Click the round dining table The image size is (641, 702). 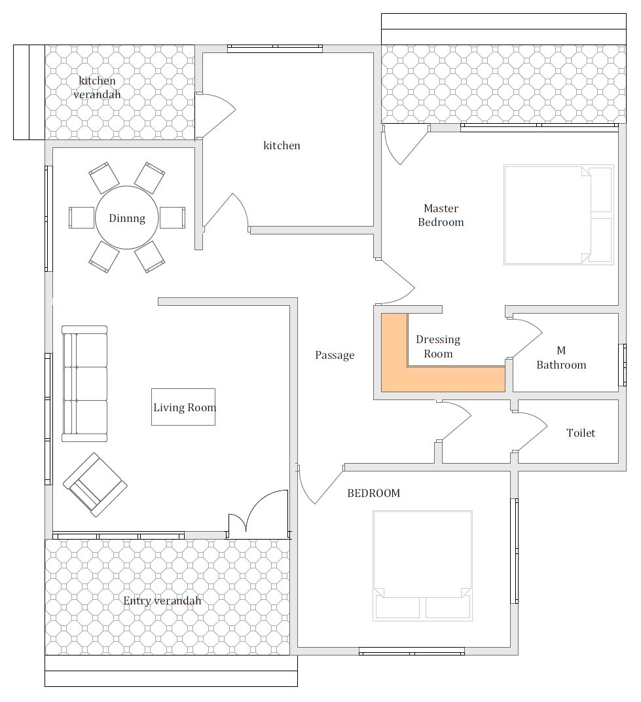(126, 217)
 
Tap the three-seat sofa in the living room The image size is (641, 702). (84, 384)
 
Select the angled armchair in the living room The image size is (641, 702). (95, 485)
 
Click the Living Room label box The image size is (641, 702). (183, 407)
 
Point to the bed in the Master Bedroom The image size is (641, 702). (559, 215)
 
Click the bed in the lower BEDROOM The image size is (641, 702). (422, 565)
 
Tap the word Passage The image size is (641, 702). (335, 355)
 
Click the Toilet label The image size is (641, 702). (581, 433)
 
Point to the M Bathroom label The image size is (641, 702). (561, 358)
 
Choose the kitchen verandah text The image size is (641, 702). (97, 87)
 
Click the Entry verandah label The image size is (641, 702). (162, 600)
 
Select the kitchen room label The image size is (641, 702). (282, 145)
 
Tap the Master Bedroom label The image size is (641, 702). (441, 215)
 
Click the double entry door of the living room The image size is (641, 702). (258, 514)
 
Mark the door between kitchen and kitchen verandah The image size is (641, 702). (216, 115)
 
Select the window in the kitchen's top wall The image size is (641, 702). (275, 48)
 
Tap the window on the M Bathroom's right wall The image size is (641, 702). (622, 365)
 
